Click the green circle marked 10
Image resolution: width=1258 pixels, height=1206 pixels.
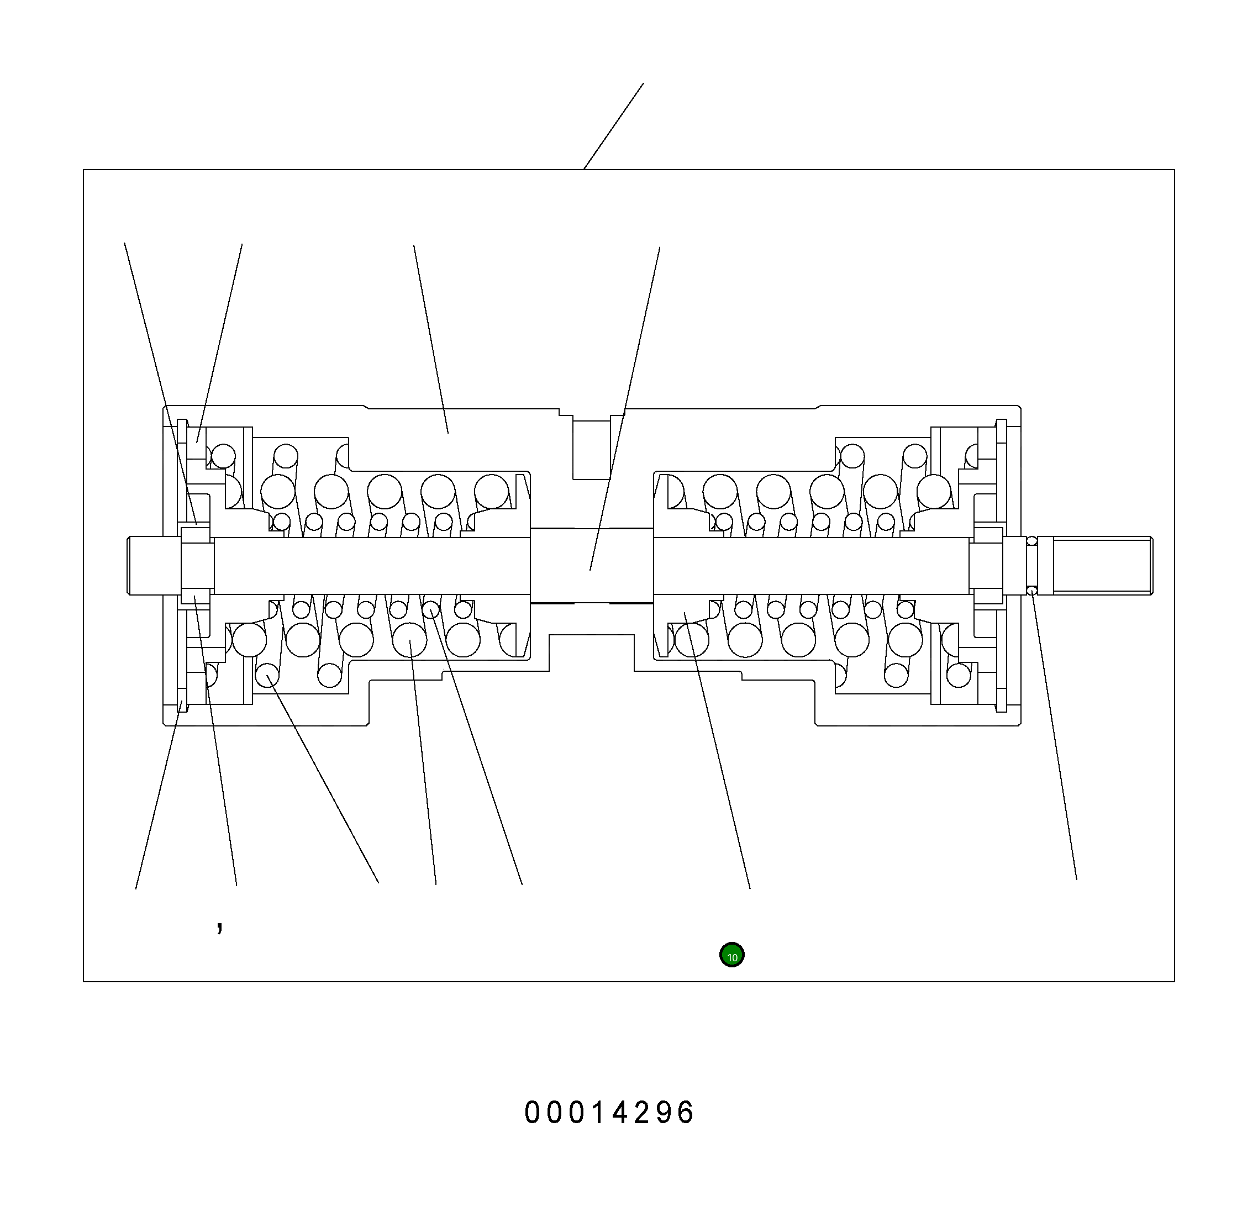731,955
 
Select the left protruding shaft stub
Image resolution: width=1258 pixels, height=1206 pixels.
154,566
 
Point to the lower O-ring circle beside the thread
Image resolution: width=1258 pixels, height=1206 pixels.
1031,591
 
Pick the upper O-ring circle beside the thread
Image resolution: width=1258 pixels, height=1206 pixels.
1031,540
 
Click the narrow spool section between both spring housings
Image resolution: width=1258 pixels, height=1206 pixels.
592,566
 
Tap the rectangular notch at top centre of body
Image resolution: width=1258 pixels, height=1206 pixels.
592,450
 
